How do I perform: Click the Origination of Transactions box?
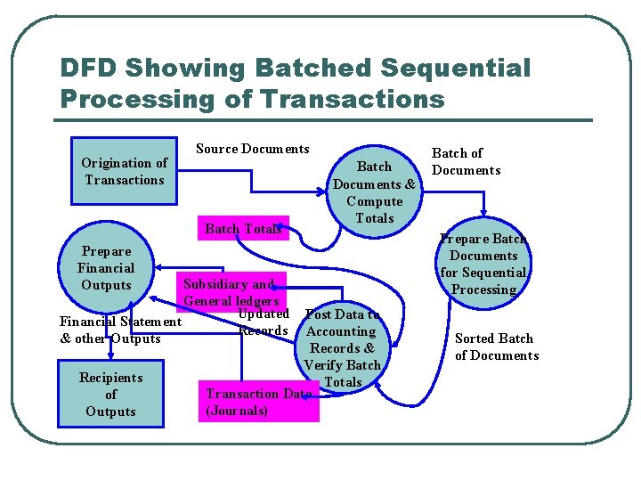(124, 171)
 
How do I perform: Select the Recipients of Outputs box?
(110, 394)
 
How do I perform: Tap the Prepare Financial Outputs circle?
(106, 267)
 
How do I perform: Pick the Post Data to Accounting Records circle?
(342, 347)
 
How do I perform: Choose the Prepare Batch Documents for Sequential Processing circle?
(483, 264)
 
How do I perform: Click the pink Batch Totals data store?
(243, 229)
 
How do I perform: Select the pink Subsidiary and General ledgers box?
(231, 292)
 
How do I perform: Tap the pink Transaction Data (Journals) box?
(258, 402)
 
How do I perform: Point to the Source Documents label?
(253, 149)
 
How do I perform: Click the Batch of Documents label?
(466, 161)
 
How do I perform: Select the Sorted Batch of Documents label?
(496, 346)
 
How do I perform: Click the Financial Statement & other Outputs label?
(120, 330)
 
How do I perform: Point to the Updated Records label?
(264, 322)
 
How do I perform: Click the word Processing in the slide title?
(137, 99)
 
